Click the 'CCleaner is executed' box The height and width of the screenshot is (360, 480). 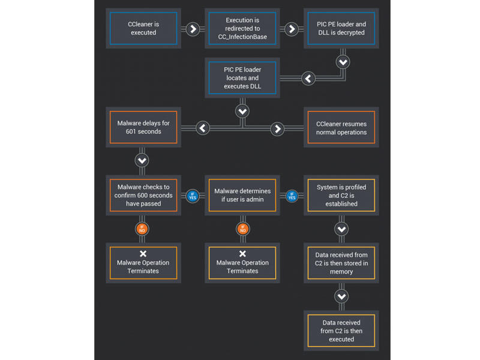coord(143,28)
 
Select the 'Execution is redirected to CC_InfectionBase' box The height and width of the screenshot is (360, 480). coord(242,28)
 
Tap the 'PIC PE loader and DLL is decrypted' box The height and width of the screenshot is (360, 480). coord(341,28)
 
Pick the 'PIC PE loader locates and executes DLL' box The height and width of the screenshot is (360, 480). coord(242,78)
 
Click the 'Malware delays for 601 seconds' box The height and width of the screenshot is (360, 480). coord(143,127)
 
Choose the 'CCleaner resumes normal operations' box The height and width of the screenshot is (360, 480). coord(341,127)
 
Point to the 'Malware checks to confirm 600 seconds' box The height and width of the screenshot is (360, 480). coord(143,196)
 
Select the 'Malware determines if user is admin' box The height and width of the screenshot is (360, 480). coord(242,196)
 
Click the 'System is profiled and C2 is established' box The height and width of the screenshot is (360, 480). coord(341,196)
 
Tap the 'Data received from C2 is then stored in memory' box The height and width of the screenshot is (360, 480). coord(341,263)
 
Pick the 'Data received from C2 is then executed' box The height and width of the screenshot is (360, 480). coord(341,331)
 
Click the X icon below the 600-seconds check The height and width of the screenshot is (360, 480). coord(143,253)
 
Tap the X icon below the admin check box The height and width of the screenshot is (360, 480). coord(242,253)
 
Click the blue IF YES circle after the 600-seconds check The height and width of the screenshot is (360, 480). coord(193,196)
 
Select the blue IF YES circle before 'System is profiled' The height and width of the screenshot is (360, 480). coord(292,196)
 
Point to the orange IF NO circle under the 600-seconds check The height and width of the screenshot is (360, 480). coord(142,229)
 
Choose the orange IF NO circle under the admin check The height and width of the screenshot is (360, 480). coord(243,229)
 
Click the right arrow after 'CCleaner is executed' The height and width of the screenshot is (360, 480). coord(193,29)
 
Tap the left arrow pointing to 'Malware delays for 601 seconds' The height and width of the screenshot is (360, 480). coord(203,128)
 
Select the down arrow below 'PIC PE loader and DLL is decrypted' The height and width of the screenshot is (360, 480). coord(343,62)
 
